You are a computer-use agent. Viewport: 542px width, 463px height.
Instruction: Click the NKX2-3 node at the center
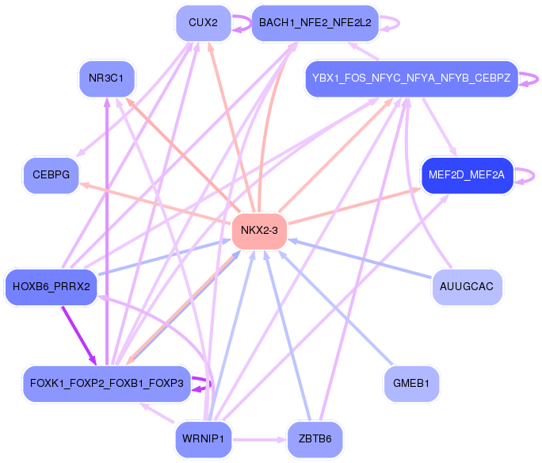(x=258, y=231)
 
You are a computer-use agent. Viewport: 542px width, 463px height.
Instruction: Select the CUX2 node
(x=203, y=23)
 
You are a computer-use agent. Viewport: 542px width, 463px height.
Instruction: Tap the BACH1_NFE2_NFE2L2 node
(x=315, y=23)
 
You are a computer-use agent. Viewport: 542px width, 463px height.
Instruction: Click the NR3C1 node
(x=106, y=78)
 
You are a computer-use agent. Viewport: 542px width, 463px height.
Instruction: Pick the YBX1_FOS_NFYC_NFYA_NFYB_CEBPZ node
(x=410, y=78)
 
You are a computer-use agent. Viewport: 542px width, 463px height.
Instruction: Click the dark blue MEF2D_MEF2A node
(x=466, y=175)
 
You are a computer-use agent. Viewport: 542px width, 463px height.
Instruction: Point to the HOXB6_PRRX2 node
(x=51, y=286)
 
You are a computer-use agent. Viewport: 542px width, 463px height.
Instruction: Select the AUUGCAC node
(x=466, y=286)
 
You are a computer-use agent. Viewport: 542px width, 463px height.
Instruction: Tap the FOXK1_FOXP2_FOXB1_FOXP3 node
(x=106, y=384)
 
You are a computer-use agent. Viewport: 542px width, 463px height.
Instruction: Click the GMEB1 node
(x=410, y=384)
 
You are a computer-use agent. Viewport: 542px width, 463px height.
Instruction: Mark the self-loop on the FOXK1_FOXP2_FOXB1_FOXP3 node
(x=208, y=384)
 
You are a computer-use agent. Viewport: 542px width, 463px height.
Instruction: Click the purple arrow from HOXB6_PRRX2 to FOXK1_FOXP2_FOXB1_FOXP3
(x=78, y=334)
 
